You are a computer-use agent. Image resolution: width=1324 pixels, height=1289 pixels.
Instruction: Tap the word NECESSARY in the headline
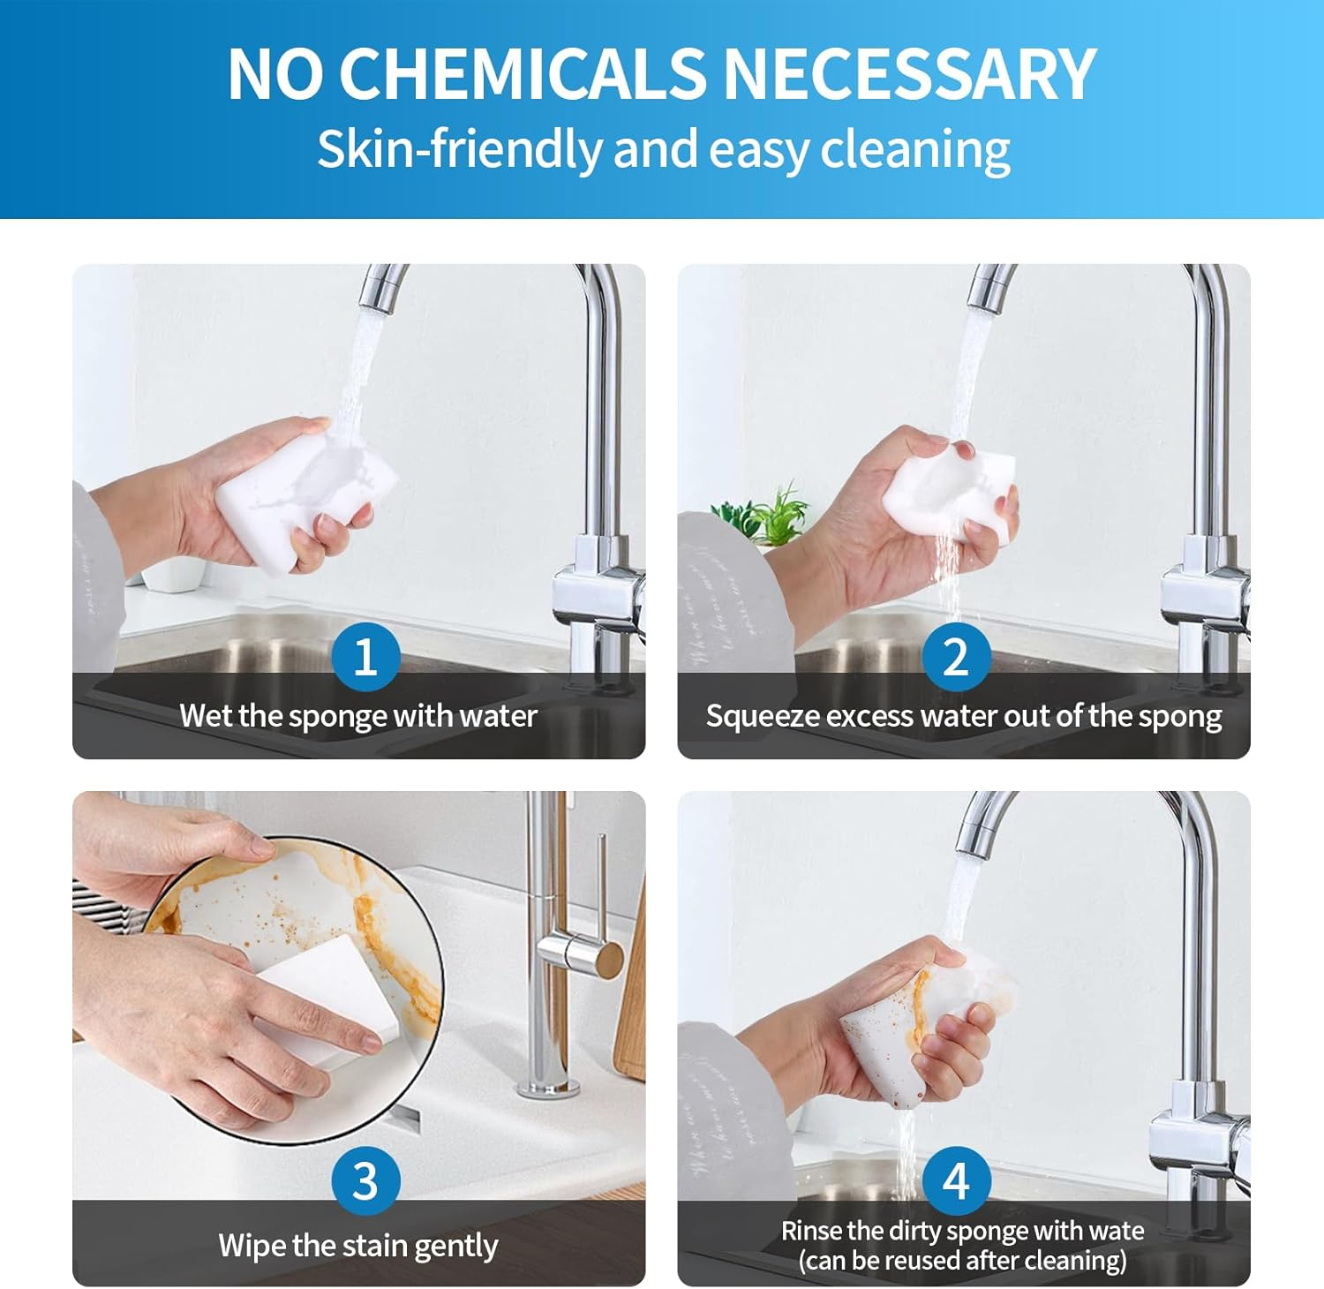[x=909, y=73]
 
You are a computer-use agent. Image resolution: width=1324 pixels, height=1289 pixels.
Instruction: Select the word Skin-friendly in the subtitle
[x=458, y=149]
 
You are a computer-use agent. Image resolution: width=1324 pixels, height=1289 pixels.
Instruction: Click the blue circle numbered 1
[x=365, y=657]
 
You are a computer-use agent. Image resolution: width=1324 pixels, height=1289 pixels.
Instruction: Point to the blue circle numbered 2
[x=956, y=657]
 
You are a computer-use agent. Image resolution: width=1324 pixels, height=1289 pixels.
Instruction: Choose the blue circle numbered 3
[x=365, y=1180]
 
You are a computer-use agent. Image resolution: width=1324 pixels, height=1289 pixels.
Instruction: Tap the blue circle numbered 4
[x=956, y=1180]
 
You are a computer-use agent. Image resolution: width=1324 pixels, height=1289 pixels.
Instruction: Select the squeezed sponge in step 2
[x=949, y=490]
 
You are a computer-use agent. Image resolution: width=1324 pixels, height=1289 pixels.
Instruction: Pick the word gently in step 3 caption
[x=455, y=1247]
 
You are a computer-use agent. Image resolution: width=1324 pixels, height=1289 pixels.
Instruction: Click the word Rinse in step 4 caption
[x=811, y=1231]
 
